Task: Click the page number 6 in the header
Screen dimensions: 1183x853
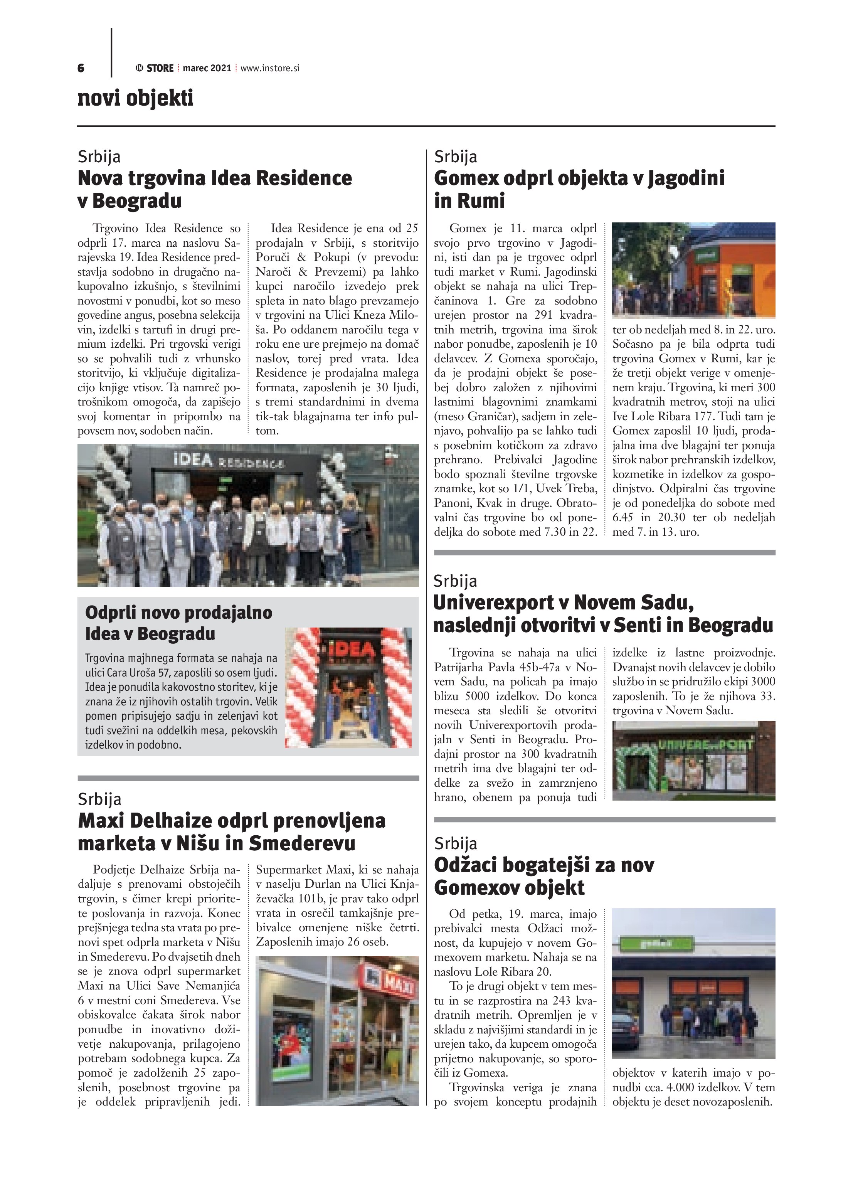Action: pyautogui.click(x=81, y=68)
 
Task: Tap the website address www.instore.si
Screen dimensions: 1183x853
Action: pyautogui.click(x=270, y=68)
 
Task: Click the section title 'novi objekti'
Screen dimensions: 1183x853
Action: pyautogui.click(x=135, y=98)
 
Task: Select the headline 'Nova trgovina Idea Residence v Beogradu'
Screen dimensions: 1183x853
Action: pyautogui.click(x=214, y=189)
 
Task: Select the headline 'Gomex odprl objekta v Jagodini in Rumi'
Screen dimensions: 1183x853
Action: pyautogui.click(x=579, y=189)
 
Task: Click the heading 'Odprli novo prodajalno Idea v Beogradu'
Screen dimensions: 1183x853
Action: pyautogui.click(x=178, y=623)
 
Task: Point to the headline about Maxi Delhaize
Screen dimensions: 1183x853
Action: pyautogui.click(x=231, y=831)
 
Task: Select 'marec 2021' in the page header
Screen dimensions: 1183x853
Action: pyautogui.click(x=207, y=68)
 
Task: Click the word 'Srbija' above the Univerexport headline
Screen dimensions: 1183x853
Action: pyautogui.click(x=455, y=581)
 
